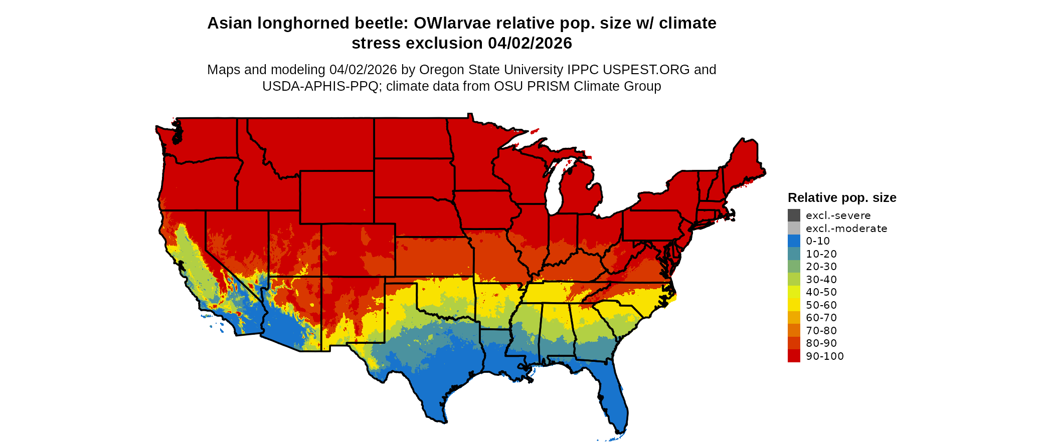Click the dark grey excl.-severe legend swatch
[794, 215]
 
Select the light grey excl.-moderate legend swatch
[794, 229]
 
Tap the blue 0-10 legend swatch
[794, 241]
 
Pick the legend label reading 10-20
[821, 254]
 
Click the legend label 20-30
[821, 267]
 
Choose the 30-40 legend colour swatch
[794, 280]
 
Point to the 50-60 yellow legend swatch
[794, 305]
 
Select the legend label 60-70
[821, 318]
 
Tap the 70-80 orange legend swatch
[794, 331]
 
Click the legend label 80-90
[821, 343]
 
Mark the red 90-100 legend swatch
[794, 356]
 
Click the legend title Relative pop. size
[842, 198]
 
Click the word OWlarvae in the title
[453, 24]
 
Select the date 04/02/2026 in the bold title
[530, 44]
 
